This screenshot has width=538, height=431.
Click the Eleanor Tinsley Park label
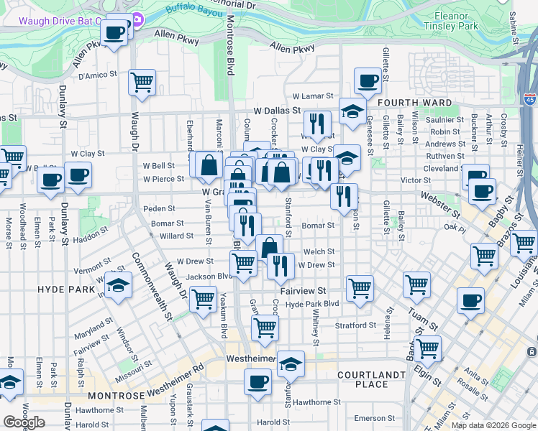click(457, 20)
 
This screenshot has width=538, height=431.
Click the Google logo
click(24, 422)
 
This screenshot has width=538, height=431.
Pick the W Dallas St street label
click(277, 111)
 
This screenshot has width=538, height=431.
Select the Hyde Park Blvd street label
click(312, 305)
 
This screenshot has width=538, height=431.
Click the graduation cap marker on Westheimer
click(291, 363)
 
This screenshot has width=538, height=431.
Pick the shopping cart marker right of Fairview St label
click(360, 288)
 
